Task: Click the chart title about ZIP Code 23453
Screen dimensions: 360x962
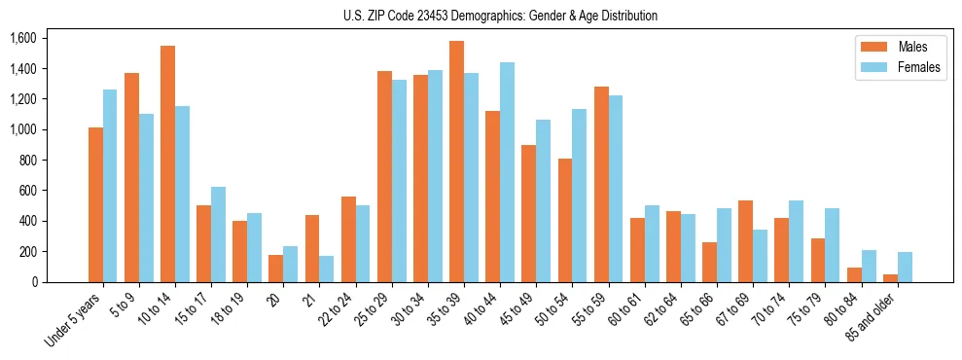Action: (x=500, y=16)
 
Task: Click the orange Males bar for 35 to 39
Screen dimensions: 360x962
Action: (x=456, y=162)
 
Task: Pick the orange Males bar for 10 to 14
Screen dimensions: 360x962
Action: (x=167, y=164)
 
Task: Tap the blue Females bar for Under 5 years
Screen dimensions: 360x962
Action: (x=110, y=186)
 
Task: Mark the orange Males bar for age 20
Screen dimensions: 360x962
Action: (x=275, y=269)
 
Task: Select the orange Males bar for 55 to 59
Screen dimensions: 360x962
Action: (x=601, y=185)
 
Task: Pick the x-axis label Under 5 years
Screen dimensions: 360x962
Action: (x=75, y=321)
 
